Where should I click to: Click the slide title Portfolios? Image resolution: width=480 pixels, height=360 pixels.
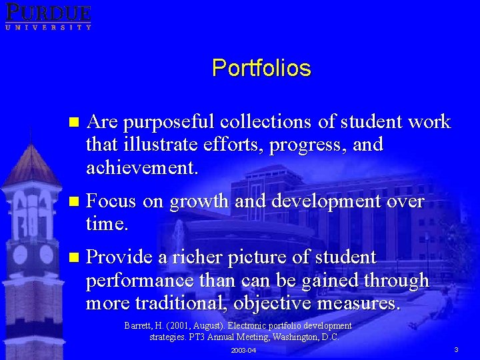[261, 68]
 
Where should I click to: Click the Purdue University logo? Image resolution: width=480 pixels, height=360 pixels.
[47, 16]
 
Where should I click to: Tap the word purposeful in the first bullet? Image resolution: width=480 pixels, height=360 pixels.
[169, 122]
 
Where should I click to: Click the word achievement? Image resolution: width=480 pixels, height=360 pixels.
[141, 167]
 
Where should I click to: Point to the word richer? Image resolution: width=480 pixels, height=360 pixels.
[197, 257]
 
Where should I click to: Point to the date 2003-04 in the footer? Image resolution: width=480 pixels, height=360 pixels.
[243, 351]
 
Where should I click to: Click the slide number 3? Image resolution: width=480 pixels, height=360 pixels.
[456, 350]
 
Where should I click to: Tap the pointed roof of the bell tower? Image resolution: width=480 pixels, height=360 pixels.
[30, 163]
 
